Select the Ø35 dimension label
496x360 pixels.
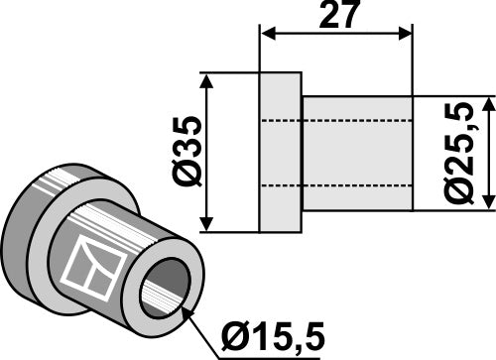coord(187,152)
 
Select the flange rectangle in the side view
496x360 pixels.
coord(280,152)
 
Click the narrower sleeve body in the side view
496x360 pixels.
coord(357,153)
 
